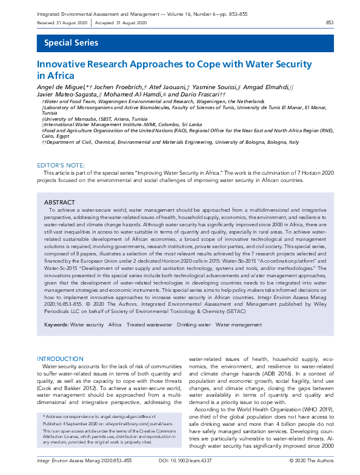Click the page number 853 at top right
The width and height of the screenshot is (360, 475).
coord(330,22)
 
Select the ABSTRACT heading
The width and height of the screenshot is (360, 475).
coord(59,201)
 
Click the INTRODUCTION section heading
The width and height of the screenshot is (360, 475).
coord(60,359)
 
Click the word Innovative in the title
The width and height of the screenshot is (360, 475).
coord(61,64)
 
